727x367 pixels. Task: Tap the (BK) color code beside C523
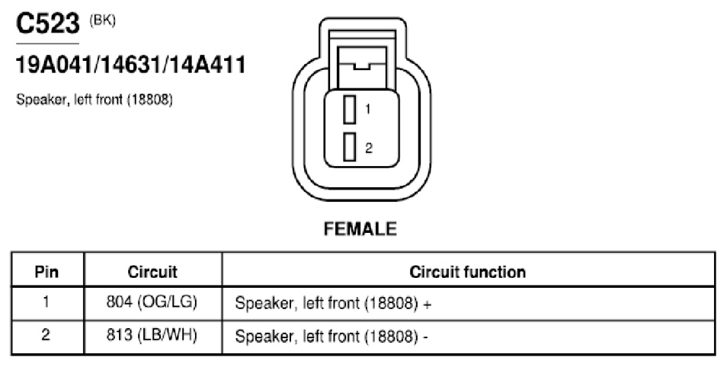(102, 21)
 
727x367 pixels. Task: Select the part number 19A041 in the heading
(54, 65)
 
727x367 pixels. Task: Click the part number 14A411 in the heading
(207, 65)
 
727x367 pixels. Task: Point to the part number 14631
(131, 65)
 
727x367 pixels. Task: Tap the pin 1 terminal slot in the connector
(350, 110)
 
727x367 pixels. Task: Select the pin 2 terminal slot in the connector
(350, 147)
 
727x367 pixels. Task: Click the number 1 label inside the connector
(367, 110)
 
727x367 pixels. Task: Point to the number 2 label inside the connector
(369, 148)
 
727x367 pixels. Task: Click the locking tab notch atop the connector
(362, 66)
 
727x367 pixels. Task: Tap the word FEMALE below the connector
(360, 229)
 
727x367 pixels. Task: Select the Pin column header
(46, 272)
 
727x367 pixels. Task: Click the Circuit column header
(152, 272)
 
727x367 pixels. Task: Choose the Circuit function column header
(467, 272)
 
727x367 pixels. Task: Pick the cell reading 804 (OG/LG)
(152, 302)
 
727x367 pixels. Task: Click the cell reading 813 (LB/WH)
(152, 335)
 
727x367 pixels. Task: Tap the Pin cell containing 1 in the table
(46, 302)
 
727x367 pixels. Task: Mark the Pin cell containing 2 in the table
(46, 334)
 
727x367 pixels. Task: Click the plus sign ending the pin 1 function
(427, 304)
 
